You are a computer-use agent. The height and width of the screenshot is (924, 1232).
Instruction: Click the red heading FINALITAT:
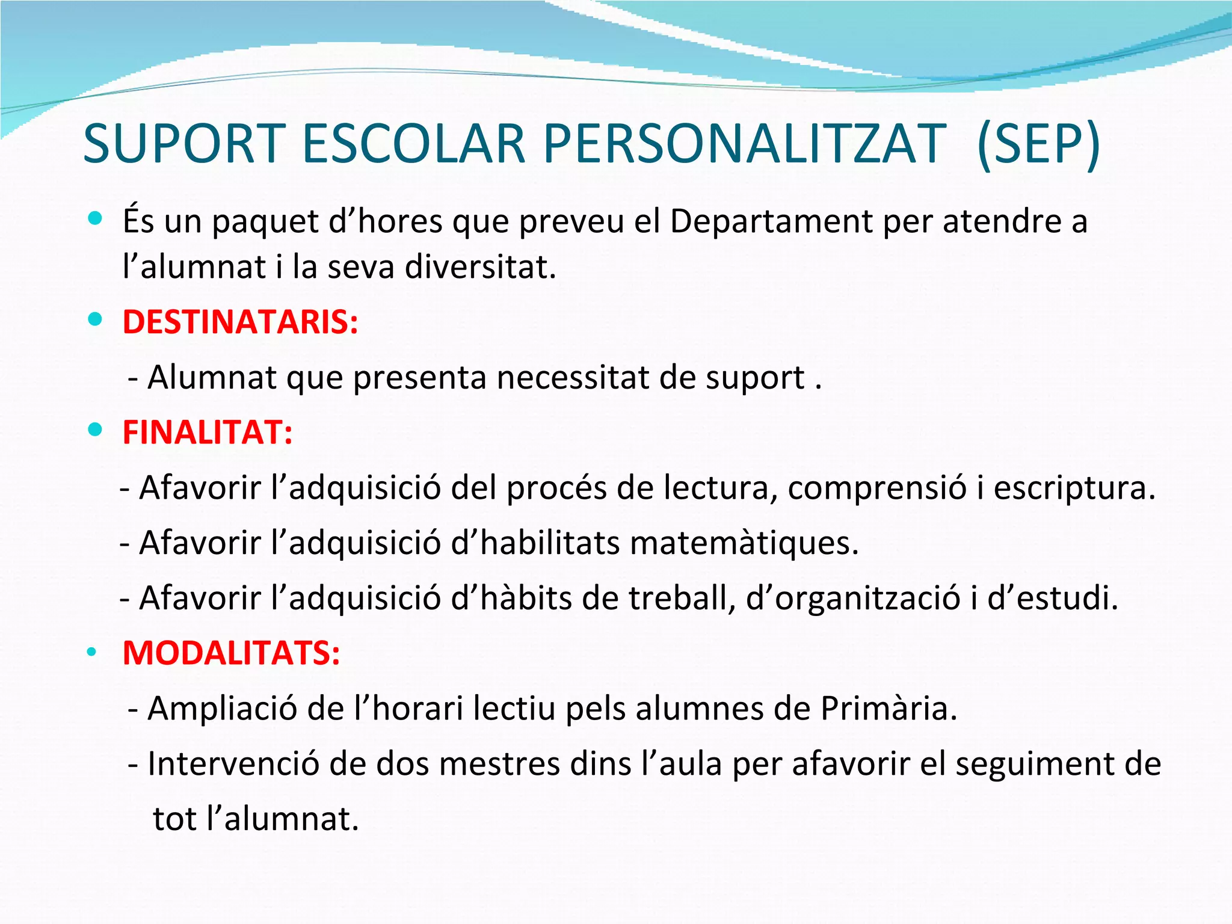[208, 432]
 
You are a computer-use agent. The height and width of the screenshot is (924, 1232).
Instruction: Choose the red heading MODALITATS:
[232, 653]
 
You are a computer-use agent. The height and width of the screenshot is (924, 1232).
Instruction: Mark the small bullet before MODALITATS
[91, 652]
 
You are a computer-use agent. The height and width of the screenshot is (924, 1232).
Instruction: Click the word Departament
[771, 221]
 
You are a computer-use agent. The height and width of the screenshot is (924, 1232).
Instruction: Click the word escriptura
[1074, 487]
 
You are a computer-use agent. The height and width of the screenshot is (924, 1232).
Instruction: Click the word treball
[682, 598]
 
